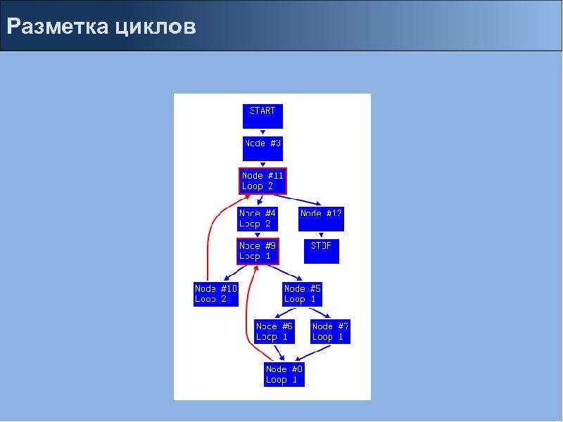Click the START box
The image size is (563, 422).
pyautogui.click(x=262, y=115)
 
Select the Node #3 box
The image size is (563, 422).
pyautogui.click(x=262, y=148)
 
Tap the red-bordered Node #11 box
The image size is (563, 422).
pyautogui.click(x=262, y=181)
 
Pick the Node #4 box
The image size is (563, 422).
pyautogui.click(x=258, y=218)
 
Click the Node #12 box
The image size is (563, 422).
pyautogui.click(x=321, y=218)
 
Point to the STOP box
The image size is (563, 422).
pyautogui.click(x=321, y=250)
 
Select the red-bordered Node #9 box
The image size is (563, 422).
pyautogui.click(x=258, y=251)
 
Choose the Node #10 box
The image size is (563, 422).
pyautogui.click(x=216, y=293)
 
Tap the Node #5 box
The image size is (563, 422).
pyautogui.click(x=303, y=293)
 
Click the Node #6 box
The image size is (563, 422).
pyautogui.click(x=274, y=331)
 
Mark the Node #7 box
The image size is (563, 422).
pyautogui.click(x=331, y=331)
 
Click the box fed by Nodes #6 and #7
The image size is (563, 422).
pyautogui.click(x=285, y=374)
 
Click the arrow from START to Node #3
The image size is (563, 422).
pyautogui.click(x=262, y=132)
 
